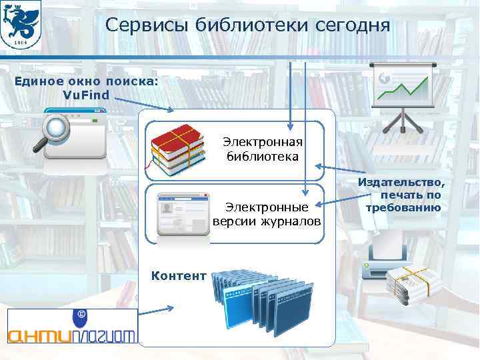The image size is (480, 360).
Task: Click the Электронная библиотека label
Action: pos(262,150)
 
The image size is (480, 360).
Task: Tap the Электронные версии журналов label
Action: pos(267,214)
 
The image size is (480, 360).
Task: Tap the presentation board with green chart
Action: pos(401,93)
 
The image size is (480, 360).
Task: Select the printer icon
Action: pos(387,261)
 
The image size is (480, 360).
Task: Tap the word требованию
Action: pos(403,207)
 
